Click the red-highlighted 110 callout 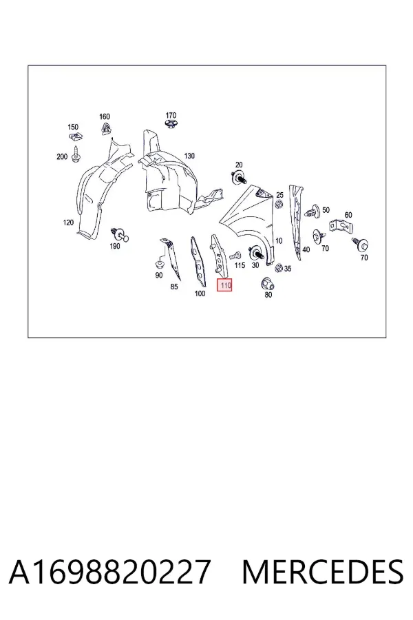click(224, 285)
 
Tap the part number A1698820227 click(109, 572)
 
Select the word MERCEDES click(323, 572)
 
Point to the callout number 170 click(171, 115)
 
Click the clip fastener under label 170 click(171, 125)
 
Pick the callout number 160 click(105, 116)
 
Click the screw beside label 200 click(76, 154)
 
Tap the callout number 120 click(68, 223)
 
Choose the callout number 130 click(189, 156)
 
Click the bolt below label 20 click(239, 178)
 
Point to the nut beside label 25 click(279, 205)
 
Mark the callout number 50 click(326, 210)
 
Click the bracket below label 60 click(340, 227)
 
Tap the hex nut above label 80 click(268, 284)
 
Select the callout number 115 click(240, 265)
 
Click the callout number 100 click(200, 293)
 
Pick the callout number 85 click(174, 287)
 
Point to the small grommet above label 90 click(160, 263)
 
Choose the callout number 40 click(306, 249)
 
